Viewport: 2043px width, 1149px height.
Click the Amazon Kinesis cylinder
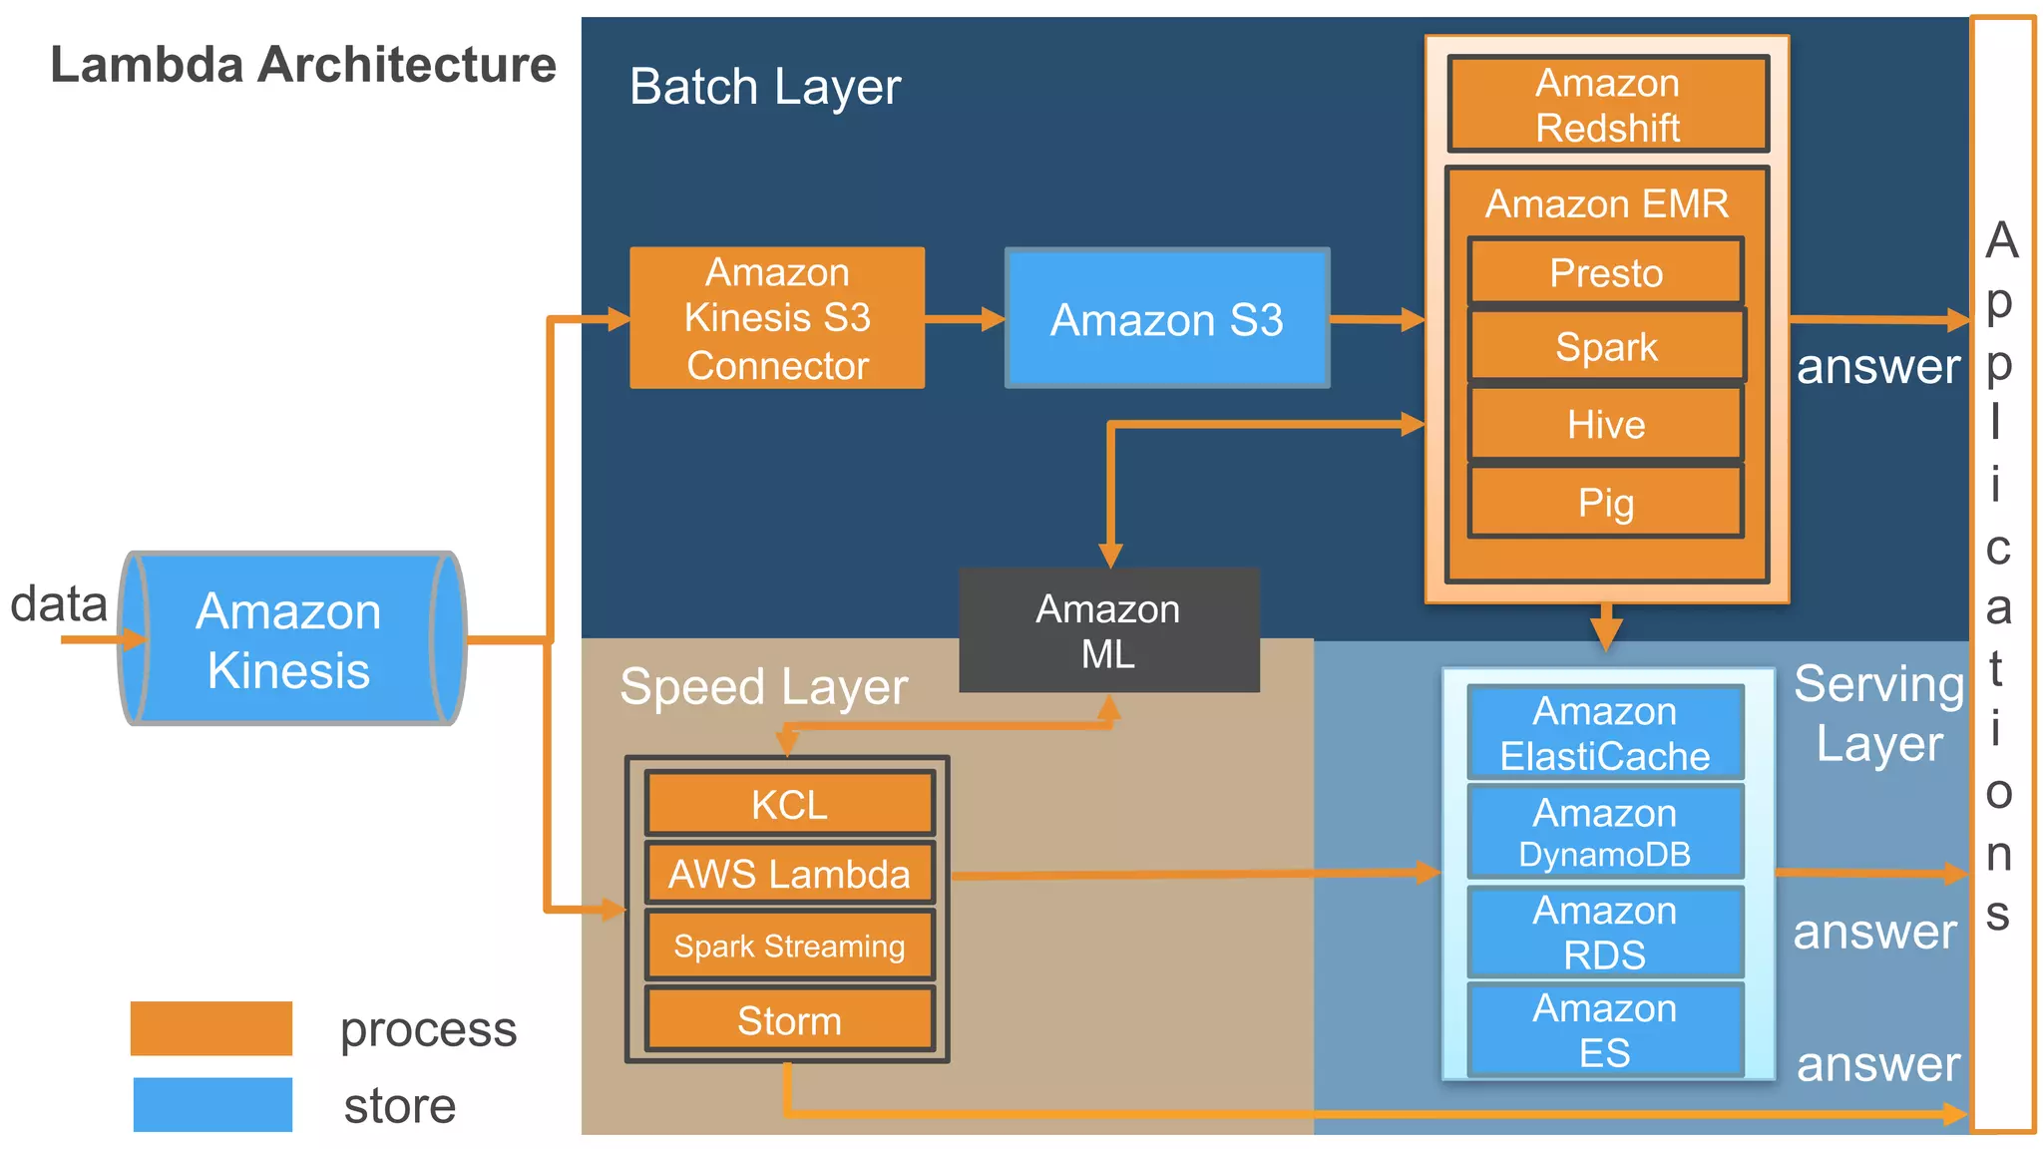coord(290,638)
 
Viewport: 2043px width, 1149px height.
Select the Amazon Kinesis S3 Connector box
coord(777,318)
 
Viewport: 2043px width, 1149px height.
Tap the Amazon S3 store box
coord(1166,319)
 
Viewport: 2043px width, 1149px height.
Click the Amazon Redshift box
coord(1607,104)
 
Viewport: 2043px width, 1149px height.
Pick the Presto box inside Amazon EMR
coord(1606,272)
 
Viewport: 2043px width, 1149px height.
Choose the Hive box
coord(1606,425)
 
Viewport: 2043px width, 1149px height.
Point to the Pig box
coord(1606,503)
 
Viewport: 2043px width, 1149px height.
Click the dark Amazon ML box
coord(1108,630)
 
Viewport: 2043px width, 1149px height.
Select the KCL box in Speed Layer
coord(789,804)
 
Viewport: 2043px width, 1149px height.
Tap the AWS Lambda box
coord(789,874)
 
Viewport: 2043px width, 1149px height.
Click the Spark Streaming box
coord(789,946)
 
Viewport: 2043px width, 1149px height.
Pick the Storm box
coord(789,1020)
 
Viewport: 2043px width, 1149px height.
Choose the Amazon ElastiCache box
coord(1605,733)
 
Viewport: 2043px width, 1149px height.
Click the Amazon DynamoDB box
coord(1605,832)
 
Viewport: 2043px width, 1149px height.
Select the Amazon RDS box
coord(1605,932)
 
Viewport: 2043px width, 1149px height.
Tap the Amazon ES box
coord(1605,1029)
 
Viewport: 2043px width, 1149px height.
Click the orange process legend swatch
coord(211,1028)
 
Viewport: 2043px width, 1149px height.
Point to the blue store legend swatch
coord(212,1104)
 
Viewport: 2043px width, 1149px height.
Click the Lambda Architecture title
coord(303,65)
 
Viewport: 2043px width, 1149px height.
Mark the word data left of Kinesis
coord(58,604)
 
